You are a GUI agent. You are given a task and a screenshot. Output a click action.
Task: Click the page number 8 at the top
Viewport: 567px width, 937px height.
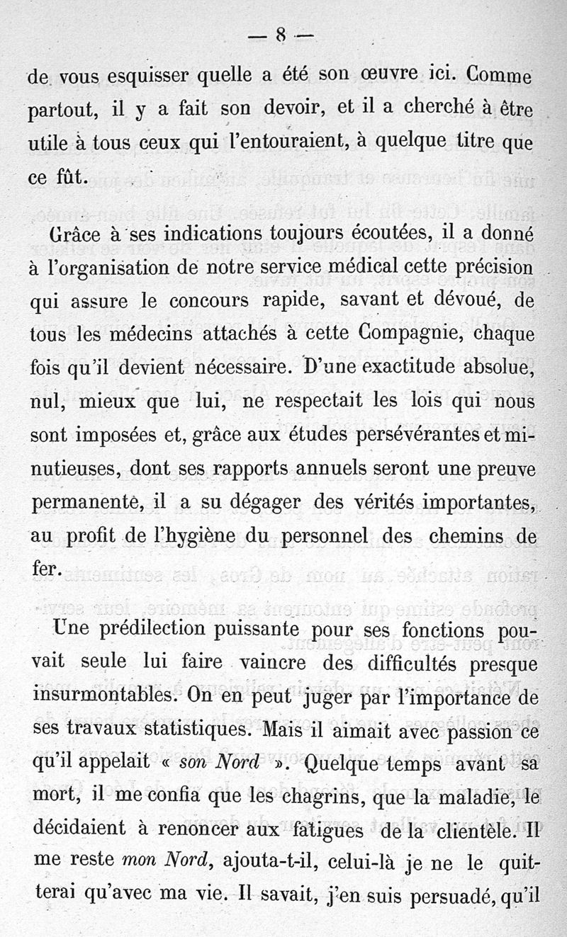pyautogui.click(x=281, y=35)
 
